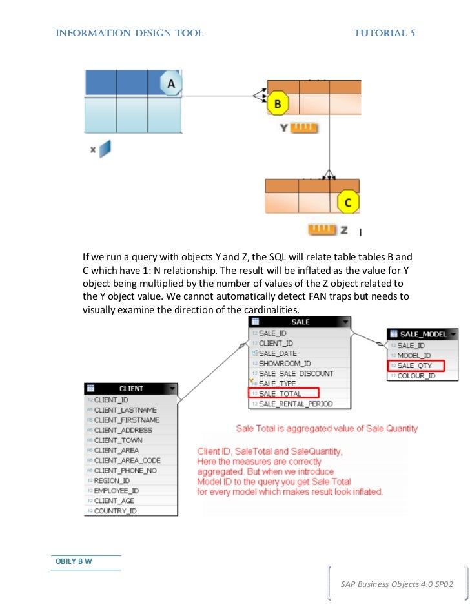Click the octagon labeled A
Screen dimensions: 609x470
pos(171,84)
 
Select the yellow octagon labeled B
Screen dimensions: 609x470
pos(278,103)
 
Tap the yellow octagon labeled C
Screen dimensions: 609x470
pos(348,202)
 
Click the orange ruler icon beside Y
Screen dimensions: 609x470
pos(304,128)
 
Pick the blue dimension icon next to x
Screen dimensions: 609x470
pos(105,149)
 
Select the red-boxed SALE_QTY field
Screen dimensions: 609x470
pos(414,366)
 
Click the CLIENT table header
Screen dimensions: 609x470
pos(131,389)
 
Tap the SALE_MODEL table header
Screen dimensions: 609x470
pos(422,334)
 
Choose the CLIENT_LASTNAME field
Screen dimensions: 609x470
pos(125,410)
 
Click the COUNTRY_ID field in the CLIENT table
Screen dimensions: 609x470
pos(116,511)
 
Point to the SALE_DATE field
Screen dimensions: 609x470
pos(278,353)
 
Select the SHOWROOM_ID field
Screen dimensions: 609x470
pos(285,364)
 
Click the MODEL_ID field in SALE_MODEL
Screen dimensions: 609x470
pos(414,355)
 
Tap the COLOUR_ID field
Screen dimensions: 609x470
pos(416,376)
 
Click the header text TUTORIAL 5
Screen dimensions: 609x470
pos(383,33)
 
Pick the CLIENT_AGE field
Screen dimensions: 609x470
pos(114,501)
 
